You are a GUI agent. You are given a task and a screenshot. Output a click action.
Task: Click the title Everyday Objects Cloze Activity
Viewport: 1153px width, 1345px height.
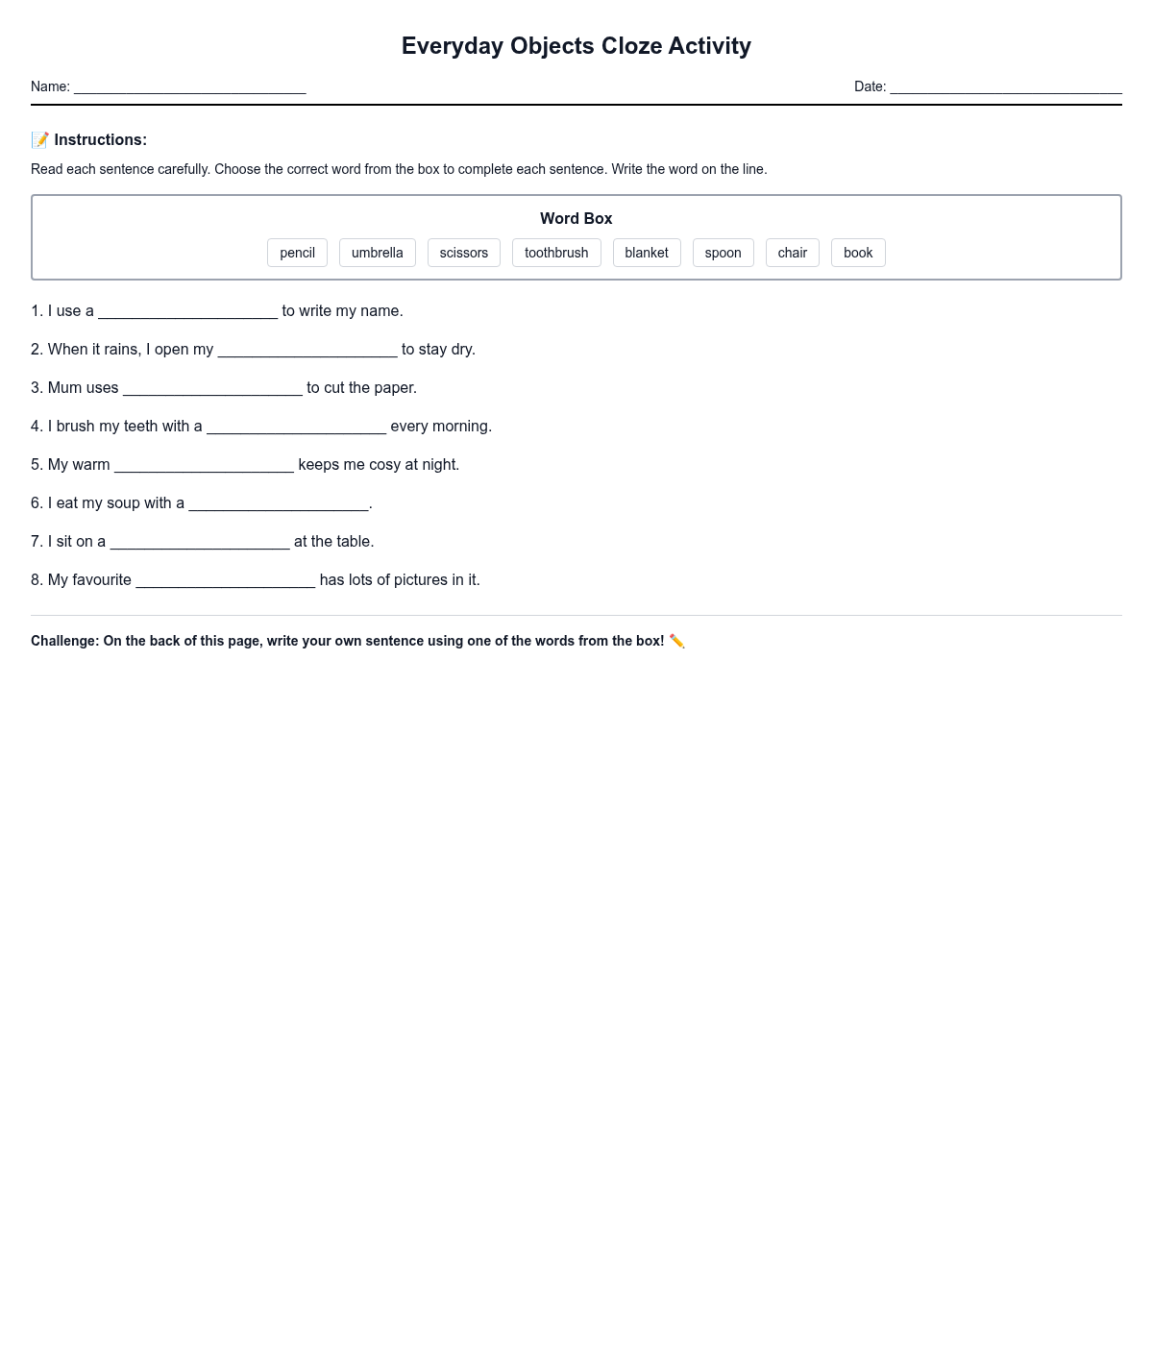point(576,46)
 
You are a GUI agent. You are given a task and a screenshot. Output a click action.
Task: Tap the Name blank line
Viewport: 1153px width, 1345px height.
point(189,87)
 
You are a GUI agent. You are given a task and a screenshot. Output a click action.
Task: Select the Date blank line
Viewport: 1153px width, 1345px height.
point(1005,87)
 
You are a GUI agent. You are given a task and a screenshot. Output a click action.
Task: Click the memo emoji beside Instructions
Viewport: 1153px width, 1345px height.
point(39,140)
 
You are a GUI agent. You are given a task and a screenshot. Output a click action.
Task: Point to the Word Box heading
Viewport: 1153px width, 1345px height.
point(576,219)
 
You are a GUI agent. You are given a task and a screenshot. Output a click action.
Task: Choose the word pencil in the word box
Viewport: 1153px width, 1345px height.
point(297,253)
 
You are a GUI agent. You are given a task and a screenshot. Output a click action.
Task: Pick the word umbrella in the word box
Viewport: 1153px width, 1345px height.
point(377,253)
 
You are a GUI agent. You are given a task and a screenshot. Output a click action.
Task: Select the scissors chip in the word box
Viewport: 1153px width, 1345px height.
point(463,253)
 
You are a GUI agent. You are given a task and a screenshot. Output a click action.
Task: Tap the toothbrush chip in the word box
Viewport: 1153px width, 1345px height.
point(555,253)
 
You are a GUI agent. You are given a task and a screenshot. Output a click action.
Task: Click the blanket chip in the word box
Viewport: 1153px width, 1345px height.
point(646,253)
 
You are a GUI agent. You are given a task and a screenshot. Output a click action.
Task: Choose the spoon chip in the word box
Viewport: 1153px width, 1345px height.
point(723,253)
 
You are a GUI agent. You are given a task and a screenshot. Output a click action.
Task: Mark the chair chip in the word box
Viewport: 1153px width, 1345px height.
point(792,253)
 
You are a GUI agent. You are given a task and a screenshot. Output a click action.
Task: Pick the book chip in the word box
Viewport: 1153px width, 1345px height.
point(857,253)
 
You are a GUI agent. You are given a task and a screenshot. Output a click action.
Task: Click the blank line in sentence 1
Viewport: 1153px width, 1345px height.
point(187,312)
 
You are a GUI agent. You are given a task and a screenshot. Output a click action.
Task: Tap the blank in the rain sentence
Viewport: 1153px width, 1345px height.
point(307,351)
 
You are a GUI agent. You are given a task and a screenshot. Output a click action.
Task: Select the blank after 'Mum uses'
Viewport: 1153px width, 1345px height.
point(212,389)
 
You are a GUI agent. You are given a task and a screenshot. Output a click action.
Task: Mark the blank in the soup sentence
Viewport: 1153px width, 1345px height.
point(279,504)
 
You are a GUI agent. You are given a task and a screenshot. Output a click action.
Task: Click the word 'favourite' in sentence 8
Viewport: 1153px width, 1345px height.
point(89,580)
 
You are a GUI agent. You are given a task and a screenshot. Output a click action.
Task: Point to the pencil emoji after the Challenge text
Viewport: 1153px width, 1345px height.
point(676,641)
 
